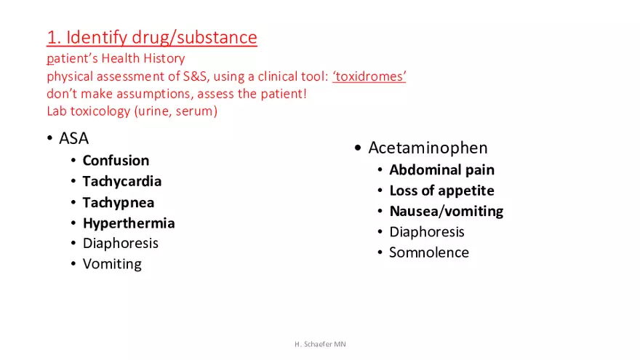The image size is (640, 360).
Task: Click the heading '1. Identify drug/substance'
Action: click(151, 37)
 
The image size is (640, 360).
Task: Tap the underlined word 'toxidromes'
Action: click(369, 76)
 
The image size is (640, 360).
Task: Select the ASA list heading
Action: click(73, 138)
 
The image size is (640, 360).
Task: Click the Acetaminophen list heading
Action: click(428, 148)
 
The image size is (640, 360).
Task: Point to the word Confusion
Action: click(116, 161)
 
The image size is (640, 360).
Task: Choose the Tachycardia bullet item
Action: click(121, 181)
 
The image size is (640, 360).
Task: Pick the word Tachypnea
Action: click(118, 202)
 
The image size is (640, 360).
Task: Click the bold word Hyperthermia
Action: click(128, 223)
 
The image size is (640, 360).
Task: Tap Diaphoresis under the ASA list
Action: click(120, 243)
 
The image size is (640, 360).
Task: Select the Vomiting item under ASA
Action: click(112, 264)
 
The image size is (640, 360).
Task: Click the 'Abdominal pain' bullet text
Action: click(441, 170)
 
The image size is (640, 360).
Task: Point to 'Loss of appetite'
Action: click(441, 191)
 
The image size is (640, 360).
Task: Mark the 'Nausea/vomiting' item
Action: click(446, 212)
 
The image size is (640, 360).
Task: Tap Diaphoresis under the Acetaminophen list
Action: click(426, 232)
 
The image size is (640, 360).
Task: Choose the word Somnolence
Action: click(428, 252)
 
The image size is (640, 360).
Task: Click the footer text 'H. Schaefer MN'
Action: click(316, 343)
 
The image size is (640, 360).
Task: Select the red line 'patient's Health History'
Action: click(116, 58)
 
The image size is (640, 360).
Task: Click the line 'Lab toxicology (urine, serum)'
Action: click(132, 111)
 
